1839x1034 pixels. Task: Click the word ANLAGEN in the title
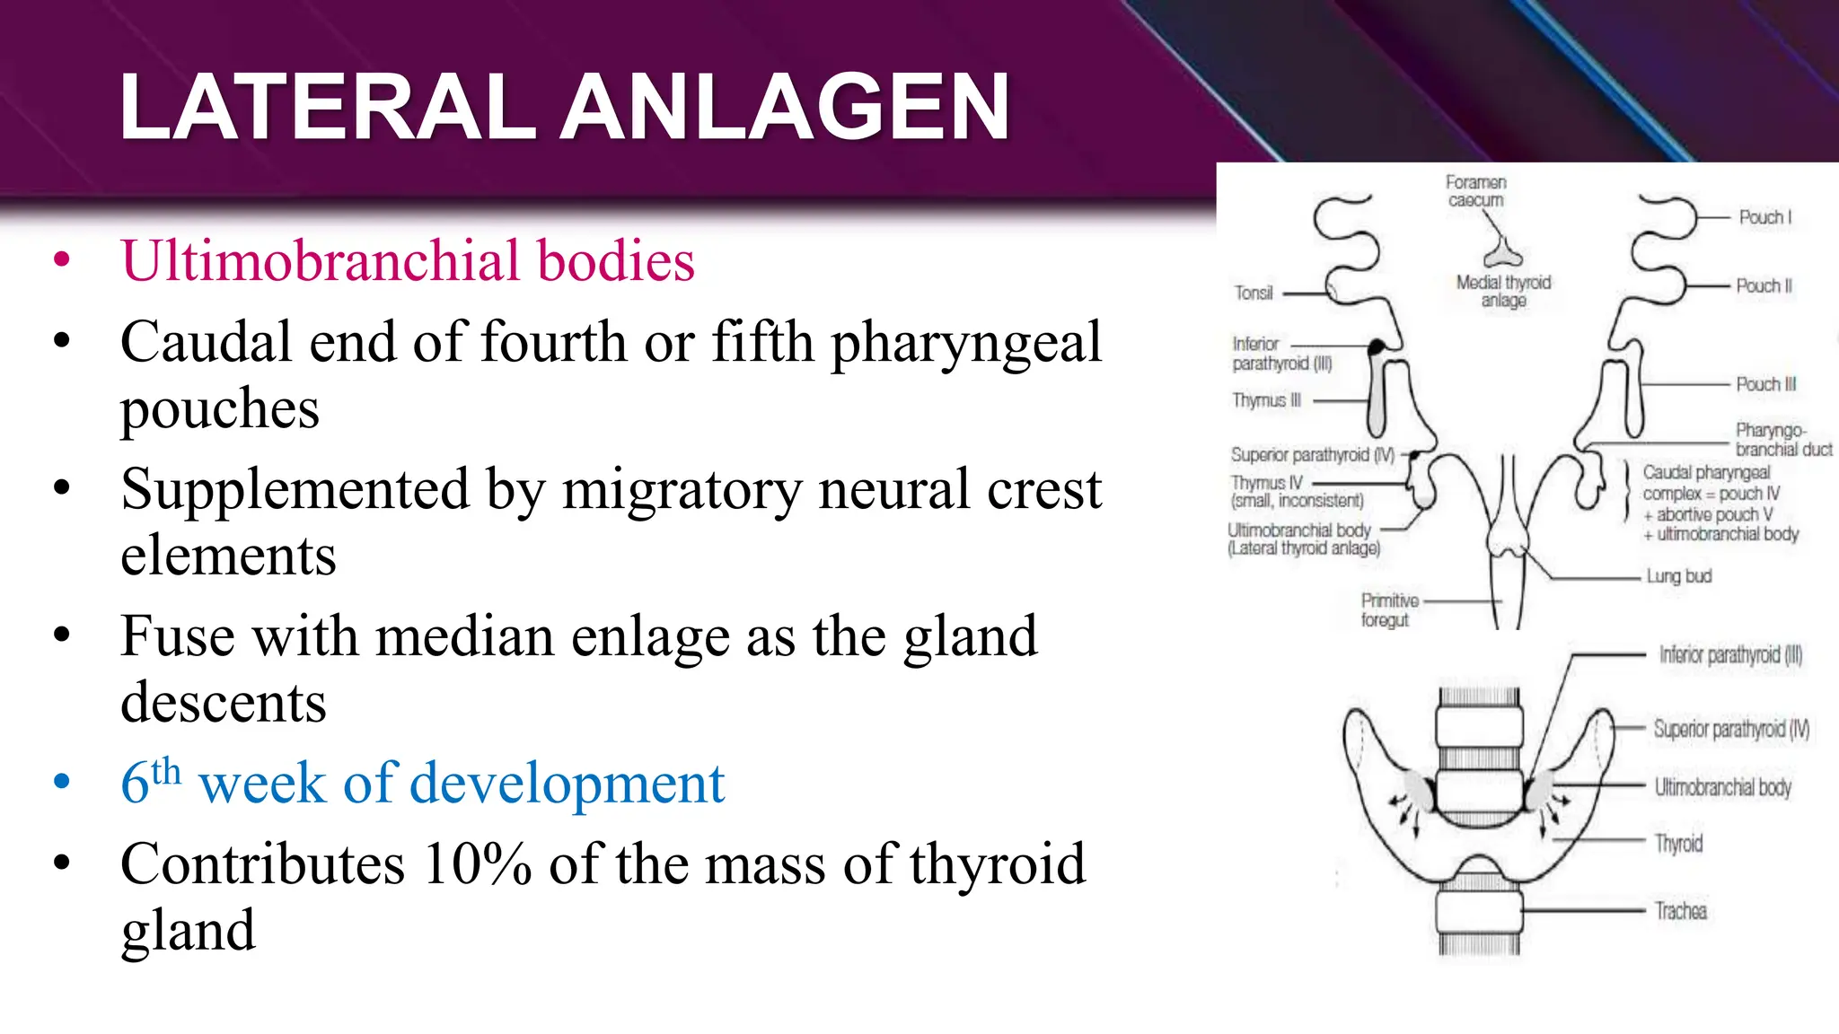pos(786,108)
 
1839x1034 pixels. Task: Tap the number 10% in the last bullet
pos(477,864)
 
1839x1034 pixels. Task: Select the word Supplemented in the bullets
pos(295,490)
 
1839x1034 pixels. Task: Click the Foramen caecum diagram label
pos(1475,191)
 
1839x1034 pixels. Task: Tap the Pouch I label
pos(1764,217)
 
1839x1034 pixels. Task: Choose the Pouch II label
pos(1764,286)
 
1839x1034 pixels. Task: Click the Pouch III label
pos(1765,384)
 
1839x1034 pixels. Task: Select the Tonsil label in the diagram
pos(1253,293)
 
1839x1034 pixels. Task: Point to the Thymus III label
pos(1266,400)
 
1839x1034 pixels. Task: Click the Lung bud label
pos(1678,576)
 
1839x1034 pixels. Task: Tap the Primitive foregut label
pos(1388,610)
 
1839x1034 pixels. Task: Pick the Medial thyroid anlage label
pos(1503,291)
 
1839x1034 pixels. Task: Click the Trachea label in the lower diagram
pos(1680,912)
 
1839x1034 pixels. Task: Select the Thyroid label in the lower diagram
pos(1678,844)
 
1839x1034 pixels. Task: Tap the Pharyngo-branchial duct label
pos(1782,440)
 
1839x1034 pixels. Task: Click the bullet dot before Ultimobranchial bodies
pos(62,261)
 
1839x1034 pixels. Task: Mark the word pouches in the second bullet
pos(220,409)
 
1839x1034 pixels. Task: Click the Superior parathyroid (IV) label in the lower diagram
pos(1730,729)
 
